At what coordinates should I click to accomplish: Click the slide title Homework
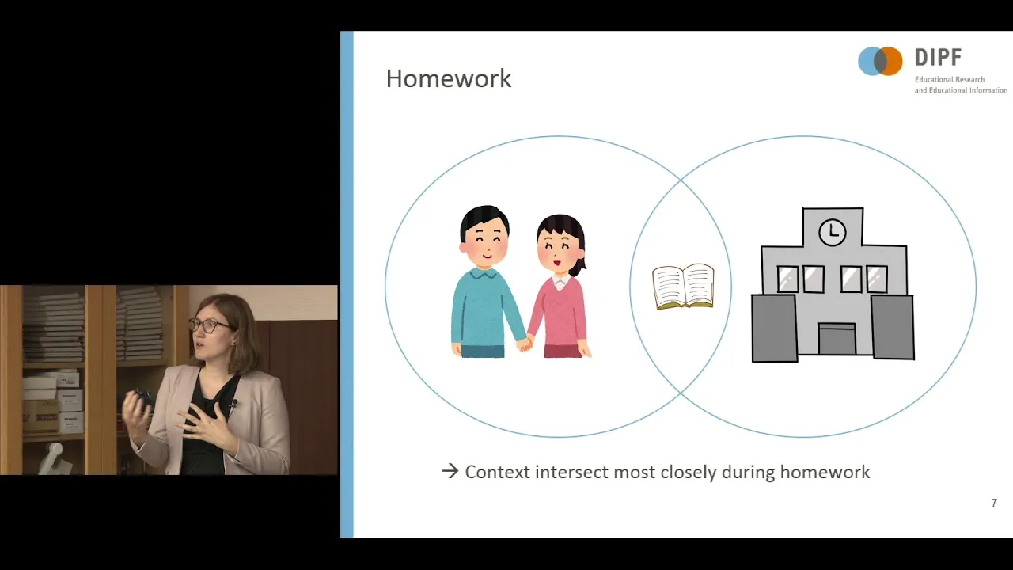(448, 78)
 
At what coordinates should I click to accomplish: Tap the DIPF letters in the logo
(938, 58)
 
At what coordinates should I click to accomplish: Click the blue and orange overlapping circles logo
(880, 61)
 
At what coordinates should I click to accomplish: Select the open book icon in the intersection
(683, 287)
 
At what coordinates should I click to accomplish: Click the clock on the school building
(832, 233)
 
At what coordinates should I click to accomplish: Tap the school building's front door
(837, 339)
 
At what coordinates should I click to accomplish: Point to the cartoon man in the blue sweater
(486, 281)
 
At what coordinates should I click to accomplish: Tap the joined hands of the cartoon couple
(525, 344)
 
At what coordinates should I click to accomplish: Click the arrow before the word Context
(450, 471)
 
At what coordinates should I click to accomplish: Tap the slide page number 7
(994, 503)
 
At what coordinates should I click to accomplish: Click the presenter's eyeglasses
(210, 325)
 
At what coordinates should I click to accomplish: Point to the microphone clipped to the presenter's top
(233, 404)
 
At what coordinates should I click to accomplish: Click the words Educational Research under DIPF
(950, 80)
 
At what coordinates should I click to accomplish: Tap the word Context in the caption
(498, 472)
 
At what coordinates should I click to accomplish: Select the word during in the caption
(749, 473)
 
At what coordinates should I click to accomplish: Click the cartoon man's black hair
(484, 220)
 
